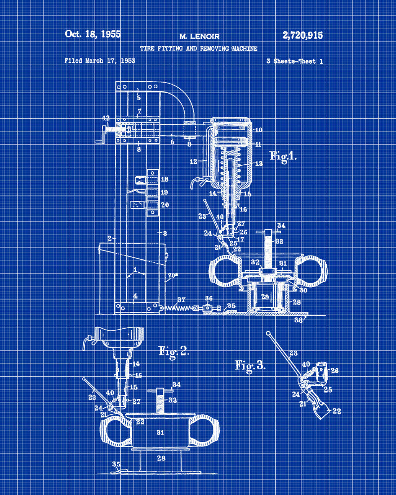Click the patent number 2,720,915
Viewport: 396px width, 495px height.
(302, 35)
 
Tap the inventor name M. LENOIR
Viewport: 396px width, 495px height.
(199, 37)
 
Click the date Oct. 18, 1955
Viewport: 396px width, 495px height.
(93, 34)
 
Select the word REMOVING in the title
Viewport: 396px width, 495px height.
(214, 49)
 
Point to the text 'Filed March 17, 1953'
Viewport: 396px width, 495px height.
(100, 60)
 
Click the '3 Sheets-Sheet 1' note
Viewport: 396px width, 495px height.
(295, 61)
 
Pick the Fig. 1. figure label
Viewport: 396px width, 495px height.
(283, 156)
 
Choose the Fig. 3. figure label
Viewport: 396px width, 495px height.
(250, 366)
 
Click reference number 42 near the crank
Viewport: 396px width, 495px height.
(106, 118)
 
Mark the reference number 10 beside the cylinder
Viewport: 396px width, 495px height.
(258, 130)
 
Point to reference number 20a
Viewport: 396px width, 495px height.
(173, 275)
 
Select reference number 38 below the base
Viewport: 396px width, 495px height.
(298, 320)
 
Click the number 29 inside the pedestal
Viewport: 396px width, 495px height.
(265, 297)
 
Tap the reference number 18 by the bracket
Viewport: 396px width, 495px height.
(164, 179)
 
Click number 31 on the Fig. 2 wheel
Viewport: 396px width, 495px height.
(160, 433)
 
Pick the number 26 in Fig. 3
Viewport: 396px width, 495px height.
(335, 371)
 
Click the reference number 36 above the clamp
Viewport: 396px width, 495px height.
(208, 298)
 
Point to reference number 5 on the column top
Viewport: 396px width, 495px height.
(139, 98)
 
